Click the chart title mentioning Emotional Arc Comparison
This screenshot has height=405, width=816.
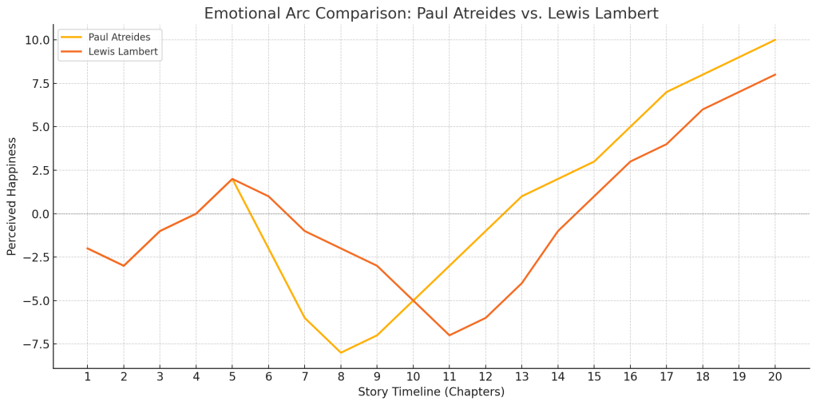(431, 14)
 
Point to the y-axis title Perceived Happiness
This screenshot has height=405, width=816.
(12, 196)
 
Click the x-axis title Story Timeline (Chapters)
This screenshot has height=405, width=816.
(431, 392)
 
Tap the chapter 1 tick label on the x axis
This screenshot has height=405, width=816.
(88, 377)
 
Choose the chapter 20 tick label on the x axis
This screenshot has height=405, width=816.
(774, 377)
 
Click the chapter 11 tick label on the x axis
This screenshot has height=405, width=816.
(449, 377)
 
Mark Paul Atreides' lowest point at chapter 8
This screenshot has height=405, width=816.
(341, 352)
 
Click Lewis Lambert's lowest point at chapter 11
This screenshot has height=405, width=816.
(449, 335)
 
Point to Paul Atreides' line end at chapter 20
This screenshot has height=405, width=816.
(774, 40)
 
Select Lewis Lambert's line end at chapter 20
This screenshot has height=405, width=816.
(774, 75)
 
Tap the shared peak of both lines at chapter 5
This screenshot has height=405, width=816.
(232, 179)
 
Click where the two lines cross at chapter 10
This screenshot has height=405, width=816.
(413, 300)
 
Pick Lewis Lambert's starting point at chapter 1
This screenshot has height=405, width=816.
(88, 248)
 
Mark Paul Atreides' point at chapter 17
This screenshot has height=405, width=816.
(666, 92)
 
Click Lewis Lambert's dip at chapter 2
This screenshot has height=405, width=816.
(124, 265)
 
